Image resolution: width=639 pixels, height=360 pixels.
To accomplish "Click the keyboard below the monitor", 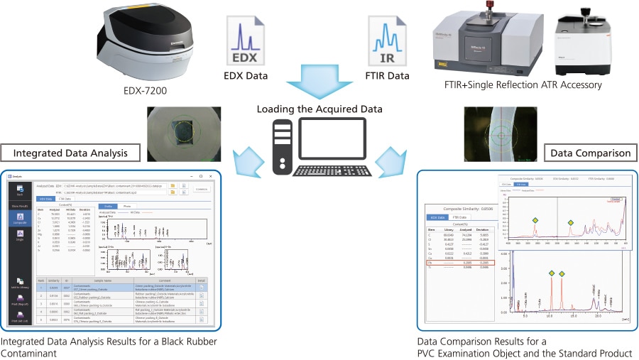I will pos(333,171).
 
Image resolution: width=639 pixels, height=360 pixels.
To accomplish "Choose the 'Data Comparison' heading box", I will pos(589,153).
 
